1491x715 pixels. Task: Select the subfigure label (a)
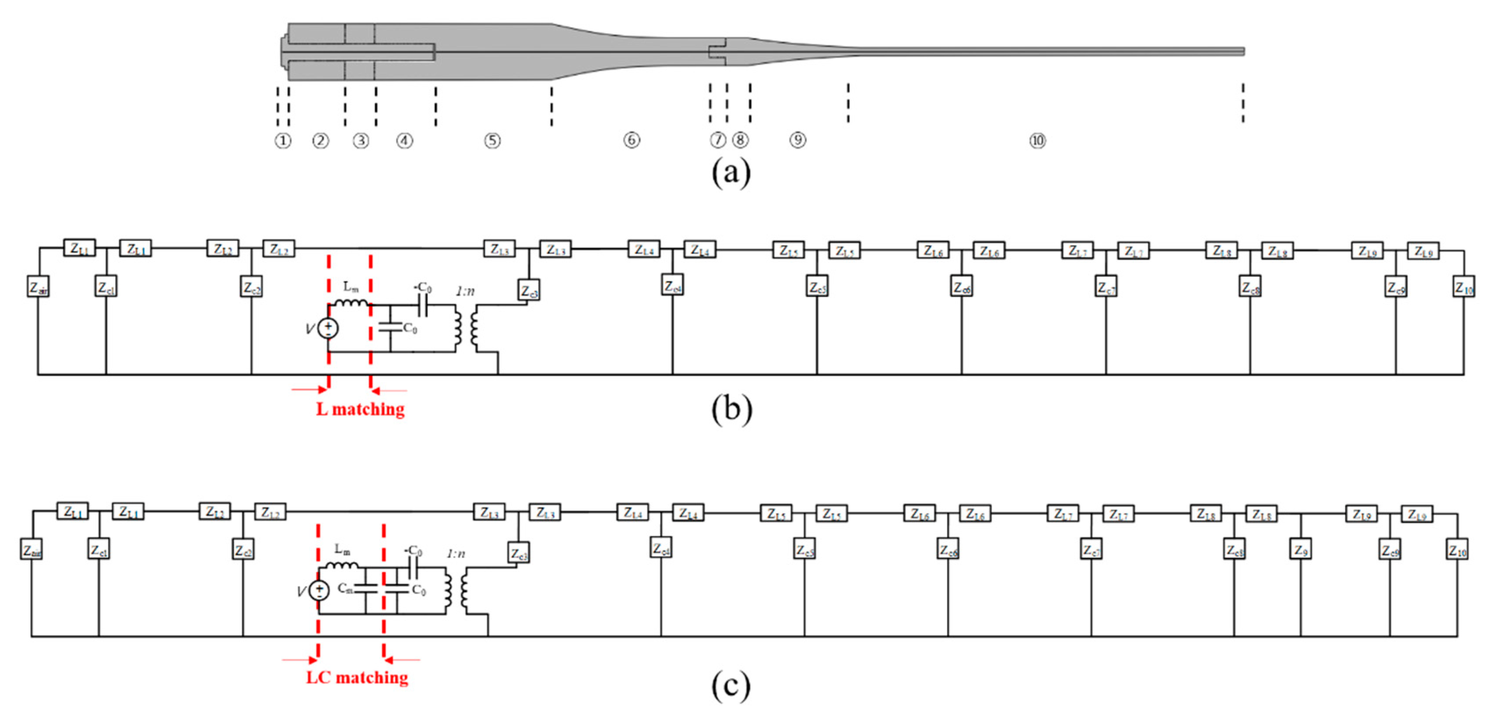(731, 172)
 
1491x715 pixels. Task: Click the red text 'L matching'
(360, 409)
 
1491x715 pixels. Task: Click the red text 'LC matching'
(357, 677)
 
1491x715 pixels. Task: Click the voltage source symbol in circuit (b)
(328, 328)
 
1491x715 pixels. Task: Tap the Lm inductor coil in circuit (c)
(342, 565)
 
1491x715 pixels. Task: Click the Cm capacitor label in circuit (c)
(345, 588)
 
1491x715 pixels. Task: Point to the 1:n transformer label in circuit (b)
(465, 291)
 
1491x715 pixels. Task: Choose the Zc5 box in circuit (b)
(817, 286)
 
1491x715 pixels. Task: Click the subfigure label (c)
(731, 686)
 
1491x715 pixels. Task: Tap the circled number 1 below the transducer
(282, 141)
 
